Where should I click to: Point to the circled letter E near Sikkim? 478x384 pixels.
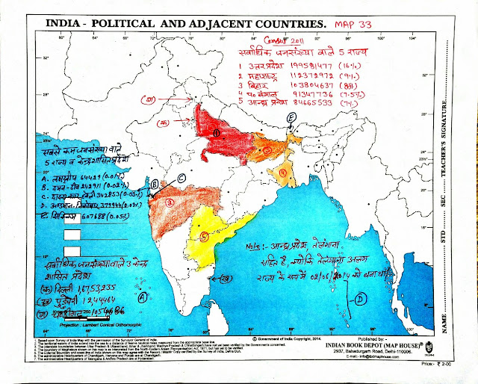tap(291, 118)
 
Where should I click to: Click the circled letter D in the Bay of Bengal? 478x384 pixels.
tap(359, 299)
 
